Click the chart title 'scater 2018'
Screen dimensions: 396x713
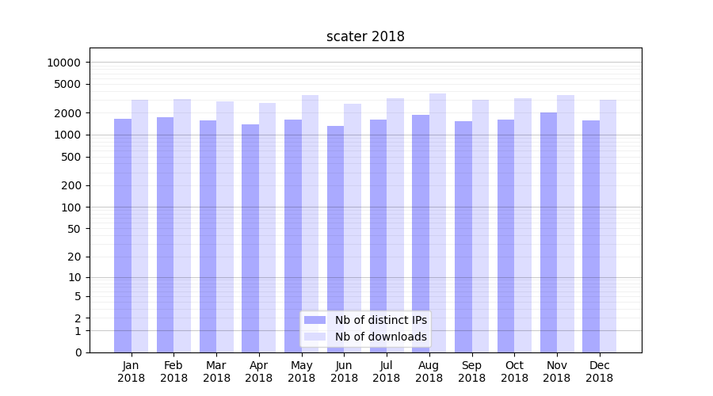(365, 36)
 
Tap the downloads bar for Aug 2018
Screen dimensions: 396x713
(437, 223)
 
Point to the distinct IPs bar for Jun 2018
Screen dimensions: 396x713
(335, 238)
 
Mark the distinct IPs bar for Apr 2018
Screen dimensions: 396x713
(250, 238)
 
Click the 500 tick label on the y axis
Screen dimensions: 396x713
(71, 157)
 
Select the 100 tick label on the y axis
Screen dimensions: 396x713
(71, 208)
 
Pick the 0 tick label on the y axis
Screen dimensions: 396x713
(77, 352)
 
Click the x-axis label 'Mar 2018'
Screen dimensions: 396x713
(216, 371)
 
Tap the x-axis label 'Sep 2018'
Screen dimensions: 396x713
(471, 371)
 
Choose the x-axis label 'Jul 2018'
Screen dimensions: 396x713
(387, 371)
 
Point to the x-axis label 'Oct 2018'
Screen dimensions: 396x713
(514, 371)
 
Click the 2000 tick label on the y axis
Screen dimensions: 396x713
(67, 113)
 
